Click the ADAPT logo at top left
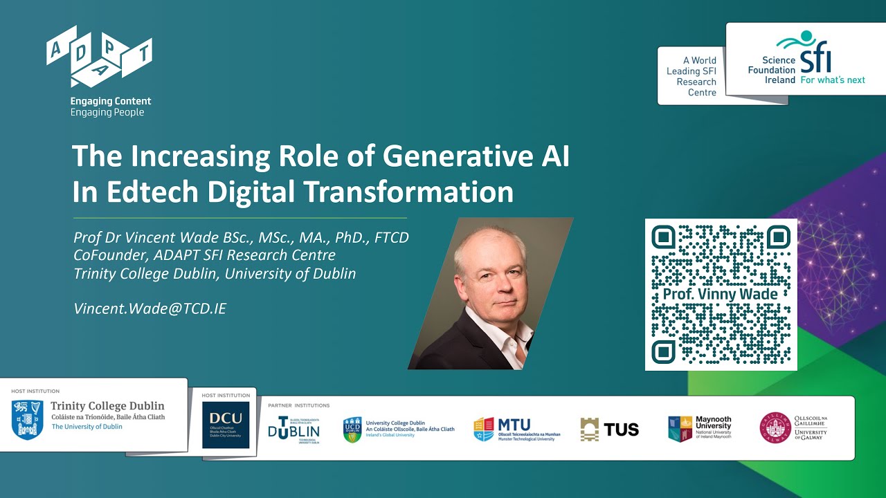click(99, 56)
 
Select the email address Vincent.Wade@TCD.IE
click(150, 308)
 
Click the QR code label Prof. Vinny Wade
click(720, 293)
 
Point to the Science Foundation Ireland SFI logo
click(806, 59)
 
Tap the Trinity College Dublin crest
click(28, 418)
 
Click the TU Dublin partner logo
click(294, 430)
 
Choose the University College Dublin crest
click(352, 430)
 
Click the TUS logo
click(610, 430)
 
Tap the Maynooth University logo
click(699, 428)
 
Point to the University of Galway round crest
click(775, 427)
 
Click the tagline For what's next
click(833, 80)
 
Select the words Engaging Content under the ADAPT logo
click(111, 101)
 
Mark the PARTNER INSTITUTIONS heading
click(299, 405)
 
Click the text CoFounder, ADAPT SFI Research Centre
click(205, 255)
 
